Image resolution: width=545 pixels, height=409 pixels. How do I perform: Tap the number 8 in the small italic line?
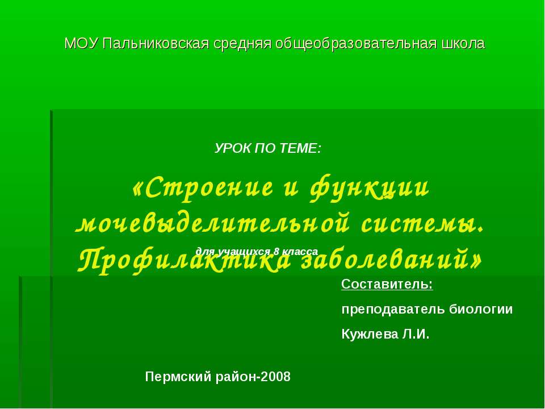coord(276,251)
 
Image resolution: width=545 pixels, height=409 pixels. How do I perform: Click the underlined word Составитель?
coord(387,284)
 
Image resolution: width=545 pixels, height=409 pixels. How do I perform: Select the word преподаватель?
coord(393,310)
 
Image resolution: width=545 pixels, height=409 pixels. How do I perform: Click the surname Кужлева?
coord(369,334)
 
